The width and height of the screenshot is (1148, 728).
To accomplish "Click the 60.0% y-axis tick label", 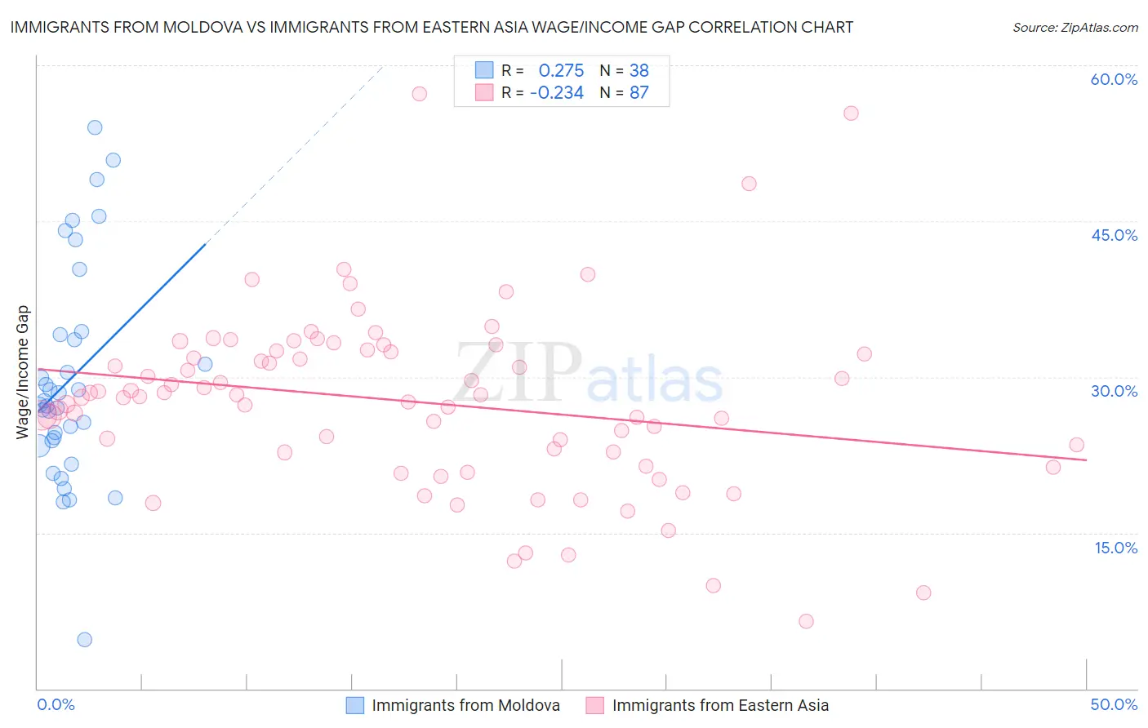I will point(1114,79).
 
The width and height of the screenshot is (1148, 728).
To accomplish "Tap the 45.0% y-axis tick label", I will point(1114,235).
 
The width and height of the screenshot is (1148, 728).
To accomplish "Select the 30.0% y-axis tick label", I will point(1114,391).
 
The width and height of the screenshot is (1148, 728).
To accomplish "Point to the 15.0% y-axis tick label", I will point(1115,548).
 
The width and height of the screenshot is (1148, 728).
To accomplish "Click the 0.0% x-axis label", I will point(56,705).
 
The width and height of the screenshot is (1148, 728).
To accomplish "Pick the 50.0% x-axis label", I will point(1114,705).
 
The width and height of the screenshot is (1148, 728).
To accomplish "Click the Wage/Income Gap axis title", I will point(23,372).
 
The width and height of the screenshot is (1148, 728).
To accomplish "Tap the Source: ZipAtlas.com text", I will point(1075,28).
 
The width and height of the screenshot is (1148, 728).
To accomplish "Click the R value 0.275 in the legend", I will point(561,71).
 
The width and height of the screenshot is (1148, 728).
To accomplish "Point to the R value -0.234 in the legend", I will point(557,93).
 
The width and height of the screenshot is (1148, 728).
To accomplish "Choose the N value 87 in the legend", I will point(639,93).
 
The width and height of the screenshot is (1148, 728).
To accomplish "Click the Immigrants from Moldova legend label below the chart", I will point(465,706).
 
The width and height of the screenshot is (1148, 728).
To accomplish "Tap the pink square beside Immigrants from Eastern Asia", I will point(594,706).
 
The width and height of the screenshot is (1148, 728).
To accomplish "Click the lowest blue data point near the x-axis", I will point(84,640).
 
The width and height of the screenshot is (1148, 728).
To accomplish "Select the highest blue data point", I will point(95,127).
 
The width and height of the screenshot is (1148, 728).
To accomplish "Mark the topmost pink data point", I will point(419,94).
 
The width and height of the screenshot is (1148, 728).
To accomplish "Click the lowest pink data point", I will point(806,621).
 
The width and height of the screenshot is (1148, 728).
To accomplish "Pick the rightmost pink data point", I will point(1076,445).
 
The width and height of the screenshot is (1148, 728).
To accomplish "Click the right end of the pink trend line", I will point(1086,460).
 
